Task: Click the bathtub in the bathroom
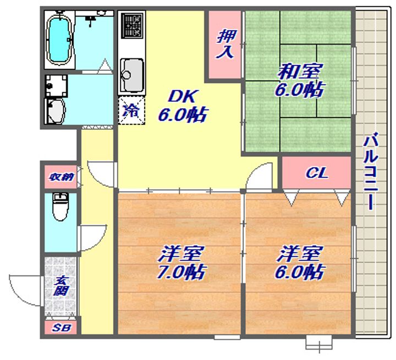59,40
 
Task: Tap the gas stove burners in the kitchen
131,25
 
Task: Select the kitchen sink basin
131,75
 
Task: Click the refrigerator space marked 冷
131,110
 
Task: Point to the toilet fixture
61,207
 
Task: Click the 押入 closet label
226,45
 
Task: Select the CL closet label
317,173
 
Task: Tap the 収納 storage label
61,177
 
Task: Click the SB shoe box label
62,328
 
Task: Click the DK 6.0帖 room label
183,106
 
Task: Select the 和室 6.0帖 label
299,81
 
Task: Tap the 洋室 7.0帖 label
181,263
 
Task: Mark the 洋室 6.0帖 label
299,263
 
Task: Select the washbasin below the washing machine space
56,111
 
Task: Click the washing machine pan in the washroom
56,86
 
